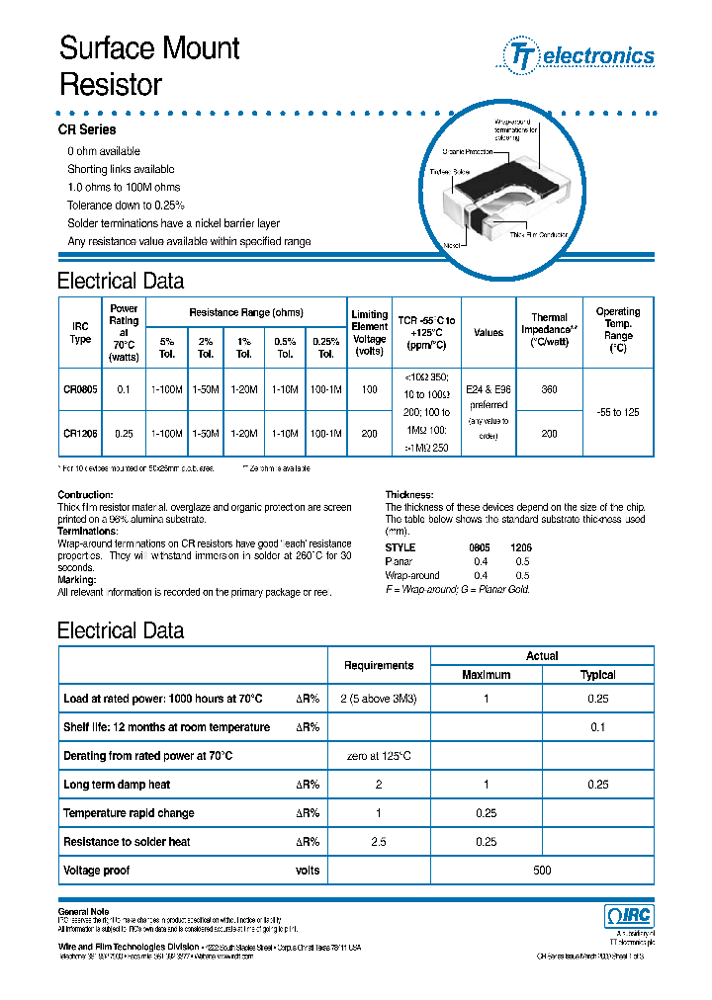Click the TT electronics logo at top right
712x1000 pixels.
(580, 55)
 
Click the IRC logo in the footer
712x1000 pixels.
(628, 915)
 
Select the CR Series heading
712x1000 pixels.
(86, 129)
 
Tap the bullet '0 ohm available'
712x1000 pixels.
(104, 151)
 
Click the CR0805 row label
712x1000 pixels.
(81, 390)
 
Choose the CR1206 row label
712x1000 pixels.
(81, 433)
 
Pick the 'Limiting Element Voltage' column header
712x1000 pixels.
(370, 333)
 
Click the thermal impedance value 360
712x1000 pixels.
(550, 390)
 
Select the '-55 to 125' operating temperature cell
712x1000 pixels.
(618, 411)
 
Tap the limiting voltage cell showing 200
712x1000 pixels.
(370, 433)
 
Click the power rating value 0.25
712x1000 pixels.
(124, 433)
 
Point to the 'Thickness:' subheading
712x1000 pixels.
(407, 494)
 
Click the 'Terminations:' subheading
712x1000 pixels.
(87, 531)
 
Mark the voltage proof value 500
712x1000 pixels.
(542, 871)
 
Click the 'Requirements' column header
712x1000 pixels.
(379, 666)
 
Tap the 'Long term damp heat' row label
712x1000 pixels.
(117, 785)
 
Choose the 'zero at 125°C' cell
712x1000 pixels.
(379, 756)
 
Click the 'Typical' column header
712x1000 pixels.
(597, 675)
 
